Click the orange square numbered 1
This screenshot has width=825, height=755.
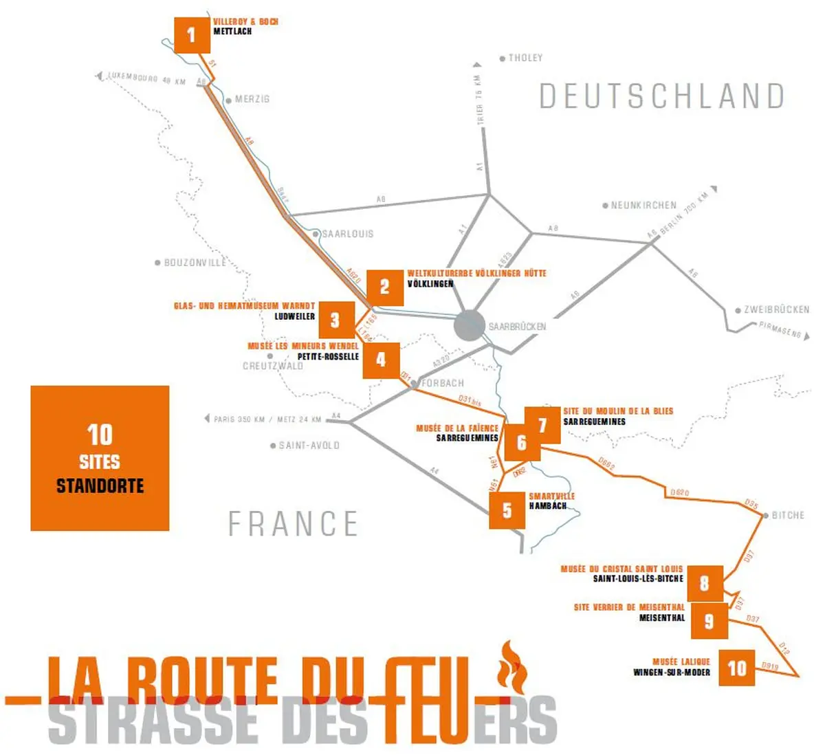pos(192,34)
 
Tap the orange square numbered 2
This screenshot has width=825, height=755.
pos(384,287)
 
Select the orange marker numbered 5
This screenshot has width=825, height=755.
pos(507,510)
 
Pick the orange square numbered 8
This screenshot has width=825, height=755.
pos(704,584)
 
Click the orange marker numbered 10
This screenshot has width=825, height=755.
pos(736,668)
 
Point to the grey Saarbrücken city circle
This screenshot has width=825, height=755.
pos(470,325)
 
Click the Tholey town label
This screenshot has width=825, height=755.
pos(525,58)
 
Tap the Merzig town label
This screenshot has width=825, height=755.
pos(252,100)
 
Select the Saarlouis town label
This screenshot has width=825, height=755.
pos(348,234)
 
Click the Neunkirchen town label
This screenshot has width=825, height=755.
pos(643,206)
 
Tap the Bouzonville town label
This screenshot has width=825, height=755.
pos(195,263)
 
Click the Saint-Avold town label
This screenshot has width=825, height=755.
pos(309,446)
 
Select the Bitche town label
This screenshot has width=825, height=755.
pos(787,515)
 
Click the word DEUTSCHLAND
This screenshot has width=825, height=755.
pos(661,96)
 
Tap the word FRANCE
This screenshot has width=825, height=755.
pos(294,524)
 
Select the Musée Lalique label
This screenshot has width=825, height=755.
pos(681,661)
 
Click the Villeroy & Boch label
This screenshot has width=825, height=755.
pos(245,22)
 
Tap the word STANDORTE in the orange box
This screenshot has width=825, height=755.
pos(100,486)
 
